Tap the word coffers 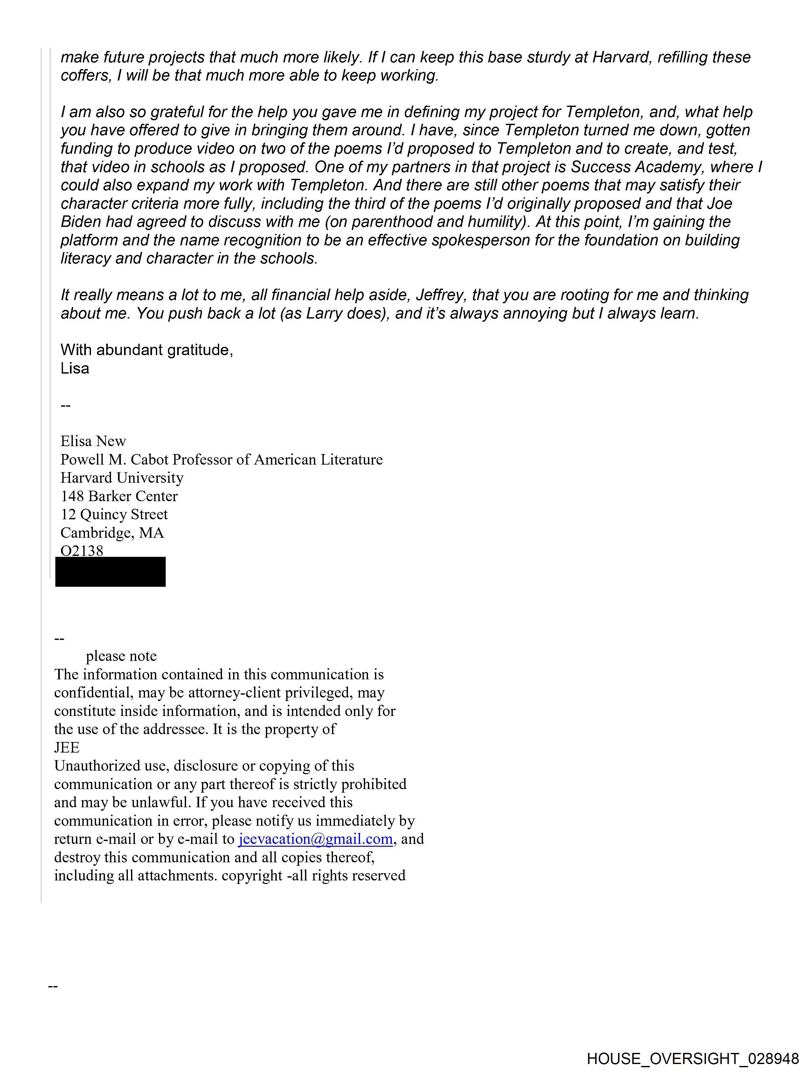click(x=85, y=76)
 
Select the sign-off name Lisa click(x=75, y=368)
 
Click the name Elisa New click(x=93, y=441)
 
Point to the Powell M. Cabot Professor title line click(x=221, y=459)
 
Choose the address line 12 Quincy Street click(x=114, y=514)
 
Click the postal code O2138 click(x=82, y=550)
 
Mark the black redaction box click(x=110, y=572)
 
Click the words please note click(x=121, y=656)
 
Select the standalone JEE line click(x=67, y=747)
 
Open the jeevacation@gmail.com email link click(x=315, y=839)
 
